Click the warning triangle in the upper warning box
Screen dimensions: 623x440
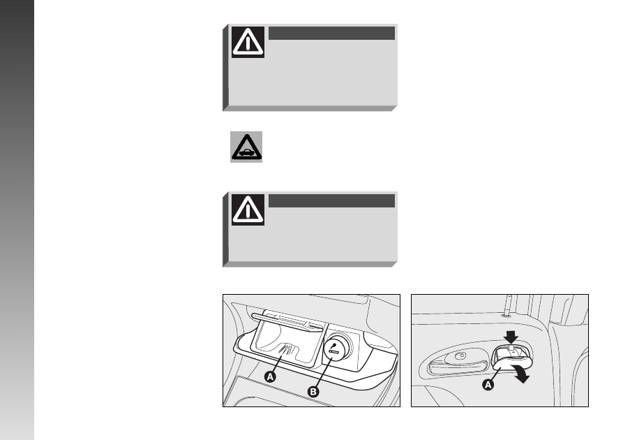(248, 42)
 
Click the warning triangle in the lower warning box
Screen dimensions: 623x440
(248, 210)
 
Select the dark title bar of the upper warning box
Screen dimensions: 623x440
(332, 33)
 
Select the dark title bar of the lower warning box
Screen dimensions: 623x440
(332, 201)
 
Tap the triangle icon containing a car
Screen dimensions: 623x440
(246, 147)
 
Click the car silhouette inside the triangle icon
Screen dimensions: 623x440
(247, 152)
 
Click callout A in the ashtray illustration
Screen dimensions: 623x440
(270, 376)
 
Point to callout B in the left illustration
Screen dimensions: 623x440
(313, 392)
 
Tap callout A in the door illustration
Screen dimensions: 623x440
(488, 385)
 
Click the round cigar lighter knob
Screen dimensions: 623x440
(335, 347)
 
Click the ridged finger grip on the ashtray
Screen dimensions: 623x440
(287, 349)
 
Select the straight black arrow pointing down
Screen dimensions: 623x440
(511, 337)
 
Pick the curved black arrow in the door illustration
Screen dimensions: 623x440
(521, 372)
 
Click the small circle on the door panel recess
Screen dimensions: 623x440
(461, 355)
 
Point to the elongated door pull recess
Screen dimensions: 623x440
(457, 362)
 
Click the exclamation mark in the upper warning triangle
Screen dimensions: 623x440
(248, 43)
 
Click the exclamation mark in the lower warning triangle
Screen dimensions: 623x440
(248, 211)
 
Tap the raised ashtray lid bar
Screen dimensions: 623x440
(287, 321)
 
